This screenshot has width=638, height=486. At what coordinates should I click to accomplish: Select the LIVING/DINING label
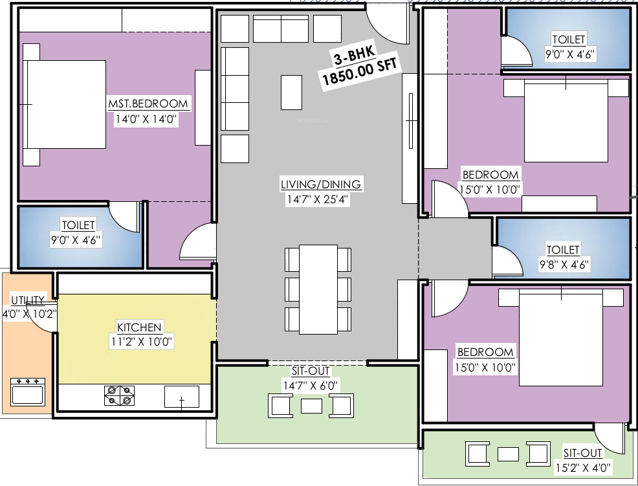(321, 184)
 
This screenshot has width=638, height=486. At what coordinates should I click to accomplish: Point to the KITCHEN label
(139, 327)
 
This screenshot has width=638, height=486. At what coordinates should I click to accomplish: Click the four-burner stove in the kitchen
(120, 395)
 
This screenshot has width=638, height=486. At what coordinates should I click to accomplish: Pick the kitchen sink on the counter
(182, 397)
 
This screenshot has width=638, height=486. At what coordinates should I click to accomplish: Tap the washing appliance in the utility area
(28, 392)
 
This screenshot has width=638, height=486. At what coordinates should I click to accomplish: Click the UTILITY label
(28, 300)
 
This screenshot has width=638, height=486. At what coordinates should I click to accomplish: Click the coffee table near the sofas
(291, 93)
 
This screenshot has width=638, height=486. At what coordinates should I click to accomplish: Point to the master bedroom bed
(65, 104)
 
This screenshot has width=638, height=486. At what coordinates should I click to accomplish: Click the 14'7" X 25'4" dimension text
(318, 200)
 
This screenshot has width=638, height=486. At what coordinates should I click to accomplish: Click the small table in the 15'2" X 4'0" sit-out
(508, 453)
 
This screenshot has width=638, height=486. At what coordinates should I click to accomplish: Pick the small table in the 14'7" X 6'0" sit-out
(312, 406)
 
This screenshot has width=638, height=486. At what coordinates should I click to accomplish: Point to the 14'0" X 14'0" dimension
(146, 120)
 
